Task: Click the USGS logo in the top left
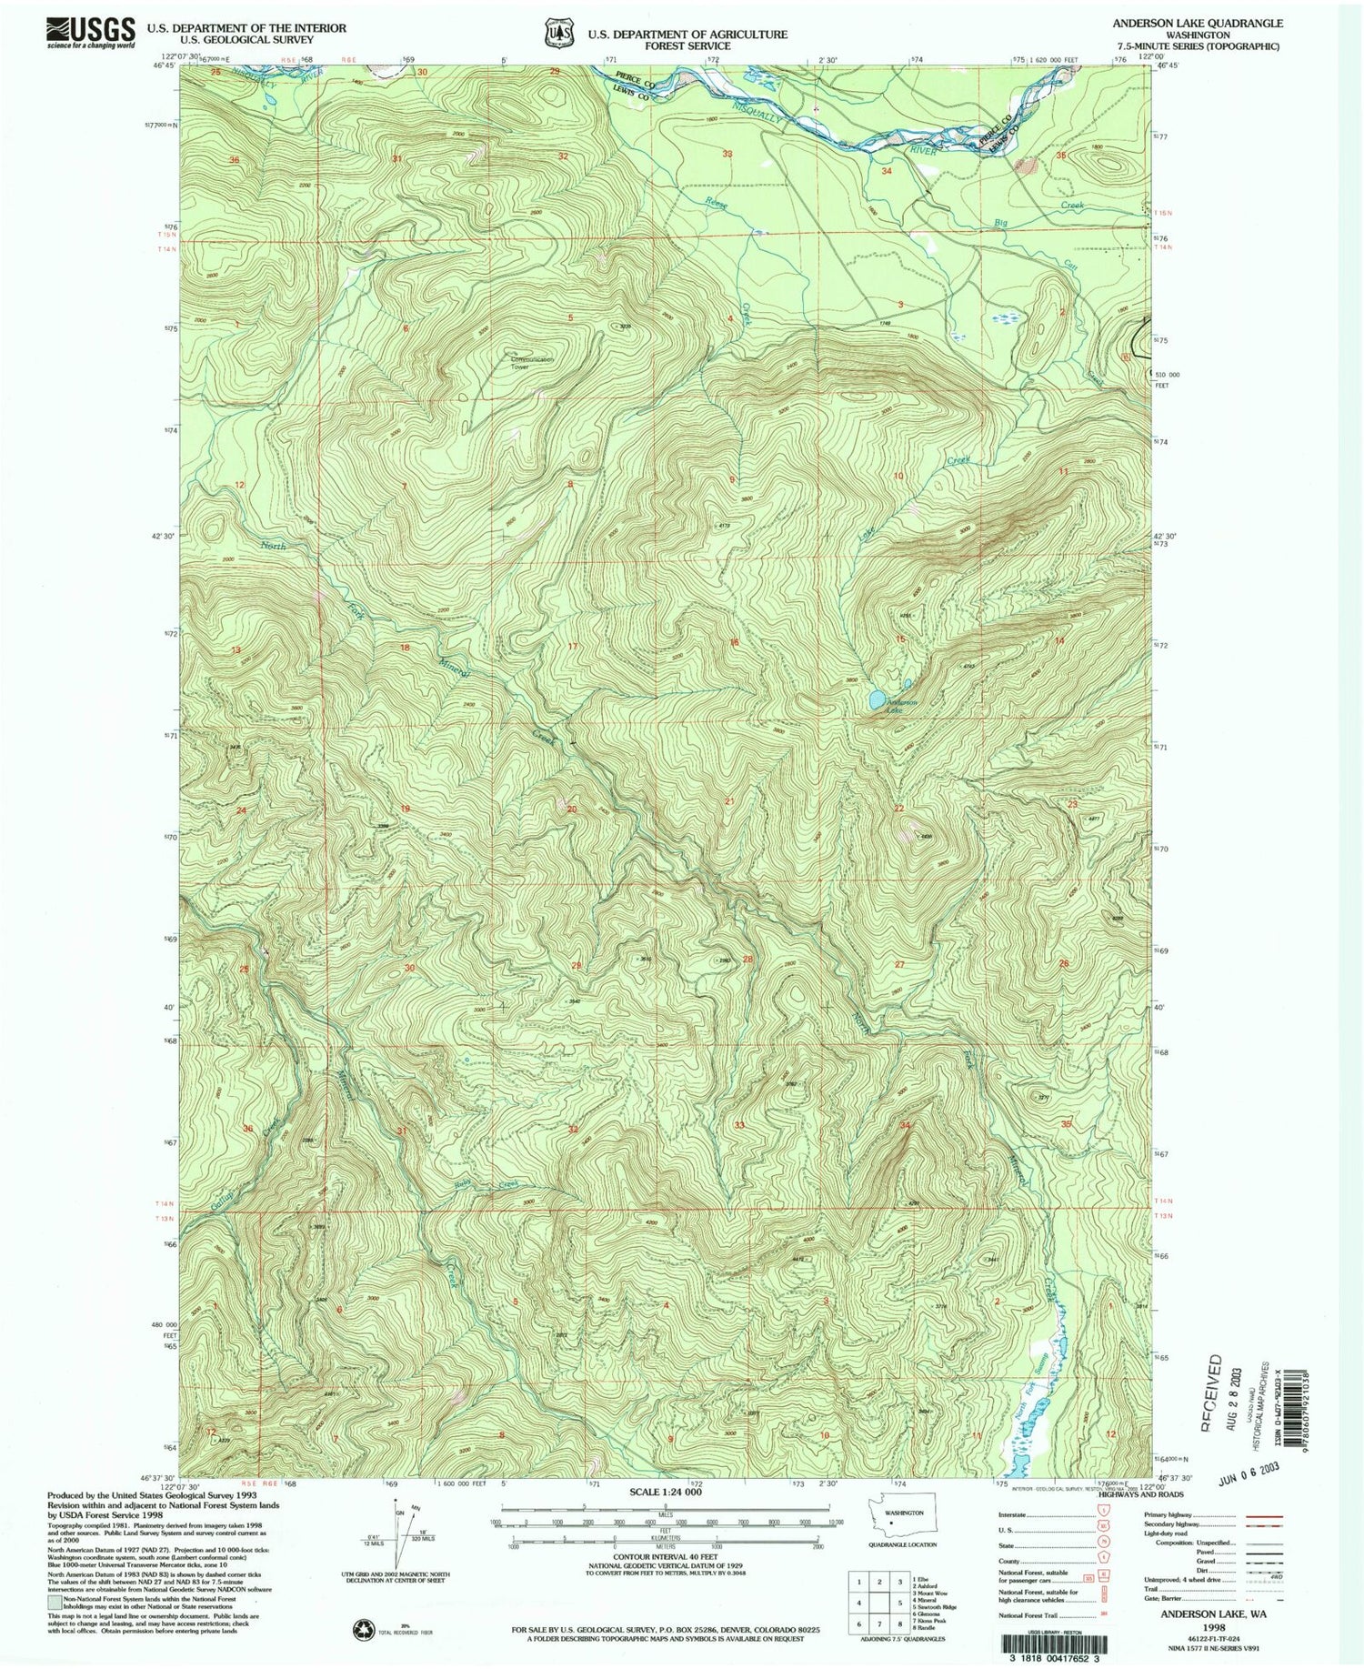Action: coord(90,33)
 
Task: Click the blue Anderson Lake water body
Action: coord(875,699)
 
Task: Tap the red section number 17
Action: coord(573,647)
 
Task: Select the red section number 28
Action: coord(748,959)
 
